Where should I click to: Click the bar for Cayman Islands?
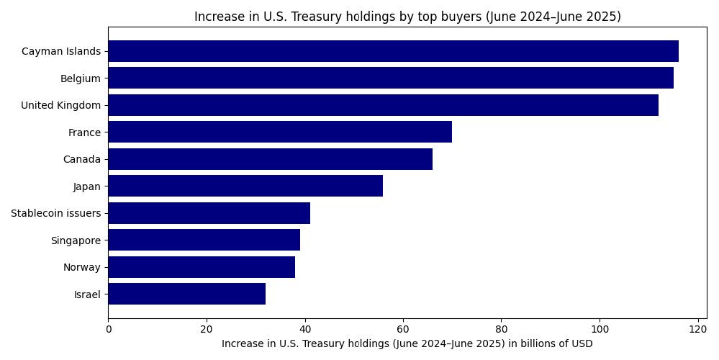[x=393, y=51]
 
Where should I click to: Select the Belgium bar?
[x=391, y=78]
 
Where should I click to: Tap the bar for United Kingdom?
[x=383, y=105]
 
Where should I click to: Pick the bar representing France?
[x=280, y=132]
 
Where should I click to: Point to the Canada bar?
[x=270, y=159]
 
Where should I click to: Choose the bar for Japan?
[x=245, y=186]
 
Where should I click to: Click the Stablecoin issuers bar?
[x=209, y=213]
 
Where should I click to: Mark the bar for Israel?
[x=186, y=294]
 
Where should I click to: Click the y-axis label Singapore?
[x=76, y=240]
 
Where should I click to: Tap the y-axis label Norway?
[x=82, y=267]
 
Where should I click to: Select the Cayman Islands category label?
[x=61, y=51]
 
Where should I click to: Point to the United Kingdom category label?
[x=60, y=105]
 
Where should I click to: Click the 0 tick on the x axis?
[x=108, y=329]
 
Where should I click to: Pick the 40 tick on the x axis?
[x=304, y=329]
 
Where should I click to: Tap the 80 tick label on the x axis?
[x=501, y=329]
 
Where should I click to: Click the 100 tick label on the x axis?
[x=600, y=329]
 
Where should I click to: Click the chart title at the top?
[x=407, y=17]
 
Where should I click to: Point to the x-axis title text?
[x=407, y=343]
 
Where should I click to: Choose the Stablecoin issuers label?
[x=55, y=213]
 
